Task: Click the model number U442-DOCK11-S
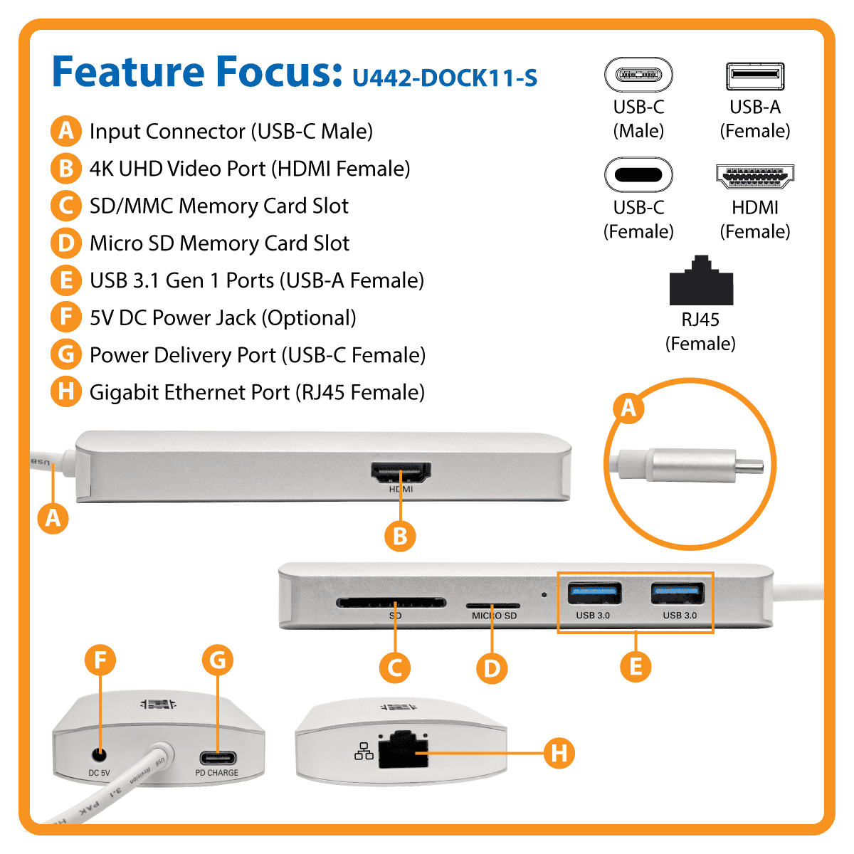tap(445, 77)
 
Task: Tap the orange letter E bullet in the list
tap(65, 280)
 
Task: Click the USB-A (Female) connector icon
tap(755, 76)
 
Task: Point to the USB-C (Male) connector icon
tap(638, 75)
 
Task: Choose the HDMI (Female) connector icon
tap(755, 176)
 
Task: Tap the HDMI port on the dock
tap(401, 472)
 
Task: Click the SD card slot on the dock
tap(391, 603)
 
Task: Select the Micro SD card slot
tap(492, 606)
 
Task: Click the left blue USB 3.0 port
tap(594, 594)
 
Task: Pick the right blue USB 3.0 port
tap(678, 594)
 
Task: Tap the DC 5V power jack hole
tap(99, 754)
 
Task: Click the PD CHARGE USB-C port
tap(217, 757)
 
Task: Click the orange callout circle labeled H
tap(559, 752)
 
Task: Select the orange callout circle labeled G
tap(218, 660)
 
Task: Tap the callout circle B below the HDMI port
tap(400, 536)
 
